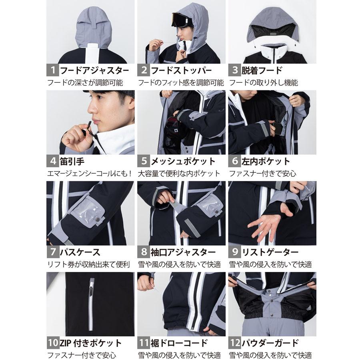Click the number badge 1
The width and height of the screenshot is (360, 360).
pos(52,70)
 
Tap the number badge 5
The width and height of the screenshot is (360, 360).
pos(143,162)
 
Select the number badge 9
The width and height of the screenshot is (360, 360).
pos(234,252)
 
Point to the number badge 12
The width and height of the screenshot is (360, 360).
pos(235,343)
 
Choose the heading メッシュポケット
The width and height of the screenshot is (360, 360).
pos(183,162)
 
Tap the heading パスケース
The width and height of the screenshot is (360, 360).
pos(80,252)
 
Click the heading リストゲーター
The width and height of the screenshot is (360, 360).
pos(269,252)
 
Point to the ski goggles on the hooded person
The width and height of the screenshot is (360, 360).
pos(183,19)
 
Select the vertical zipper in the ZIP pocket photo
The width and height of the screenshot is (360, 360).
pos(91,304)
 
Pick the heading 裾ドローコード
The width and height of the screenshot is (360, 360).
pos(179,343)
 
